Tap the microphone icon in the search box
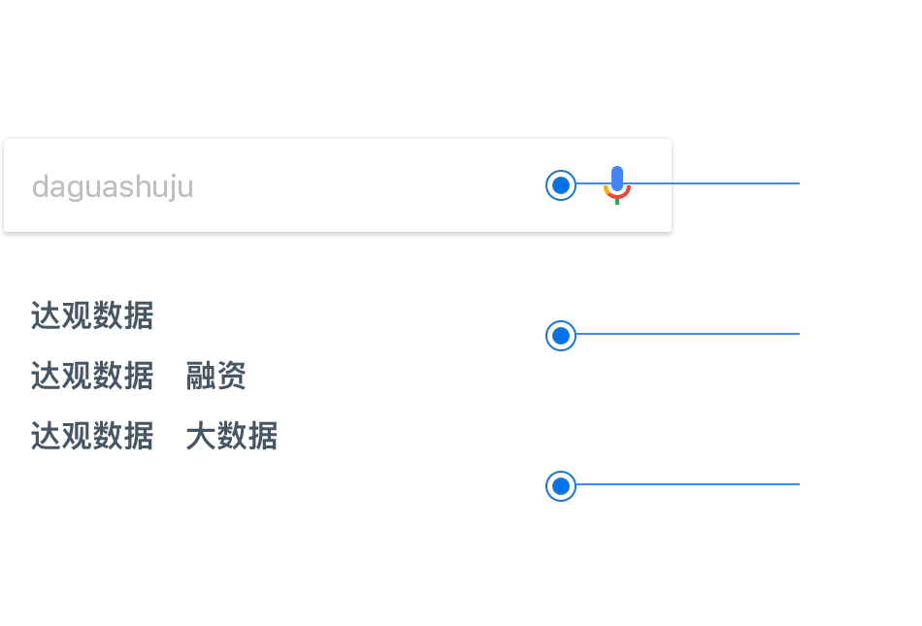pos(617,181)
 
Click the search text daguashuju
pos(113,186)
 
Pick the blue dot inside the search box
pos(561,184)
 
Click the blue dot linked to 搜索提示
pos(561,336)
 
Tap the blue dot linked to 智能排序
pos(561,485)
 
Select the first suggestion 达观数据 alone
pos(92,316)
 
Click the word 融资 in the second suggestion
pos(216,376)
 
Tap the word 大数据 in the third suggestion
pos(232,436)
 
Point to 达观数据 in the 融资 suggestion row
pos(92,376)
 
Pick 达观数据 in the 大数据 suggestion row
pos(92,436)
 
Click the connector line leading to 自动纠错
pos(718,183)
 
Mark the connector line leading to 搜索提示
pos(689,335)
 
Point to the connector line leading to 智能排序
pos(689,484)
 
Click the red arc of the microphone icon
pos(609,195)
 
